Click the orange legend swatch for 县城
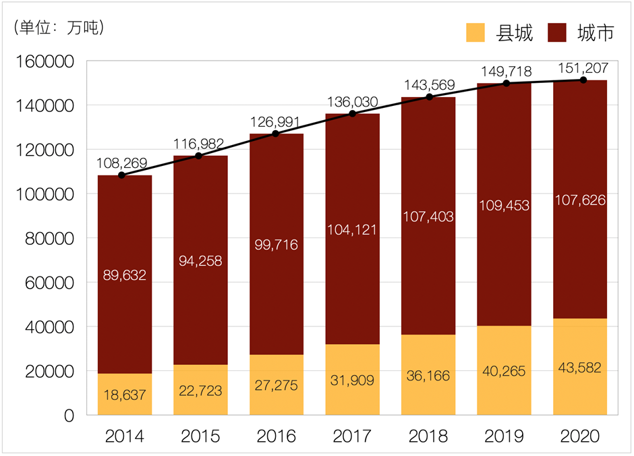(475, 32)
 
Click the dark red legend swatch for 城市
(557, 32)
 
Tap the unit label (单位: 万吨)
(59, 28)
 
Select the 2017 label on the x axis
(352, 436)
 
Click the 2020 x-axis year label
(580, 436)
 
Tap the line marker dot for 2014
(121, 175)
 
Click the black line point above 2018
(429, 97)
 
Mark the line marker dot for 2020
(583, 80)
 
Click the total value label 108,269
(122, 163)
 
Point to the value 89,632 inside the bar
(124, 275)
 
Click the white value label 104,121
(353, 229)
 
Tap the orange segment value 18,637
(124, 395)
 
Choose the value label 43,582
(581, 368)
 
